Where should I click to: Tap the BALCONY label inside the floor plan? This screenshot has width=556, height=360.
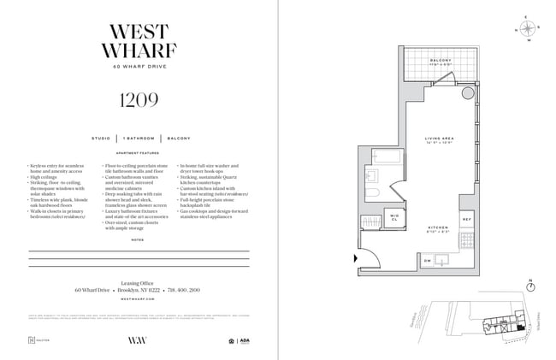pos(441,60)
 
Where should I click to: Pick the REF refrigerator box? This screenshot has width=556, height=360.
pos(467,220)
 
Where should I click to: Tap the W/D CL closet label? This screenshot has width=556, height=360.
pos(394,217)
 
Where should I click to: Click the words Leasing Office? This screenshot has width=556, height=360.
pos(139,280)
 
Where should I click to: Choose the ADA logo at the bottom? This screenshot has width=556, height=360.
pos(245,340)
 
